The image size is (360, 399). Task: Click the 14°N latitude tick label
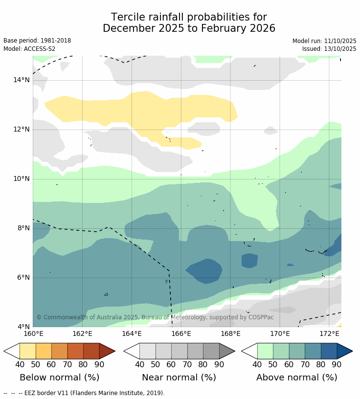pos(21,80)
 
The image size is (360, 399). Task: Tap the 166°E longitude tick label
pos(181,334)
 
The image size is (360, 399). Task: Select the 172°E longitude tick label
pos(329,334)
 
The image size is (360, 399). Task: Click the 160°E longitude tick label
pos(33,334)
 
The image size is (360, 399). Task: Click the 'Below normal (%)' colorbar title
pos(59,377)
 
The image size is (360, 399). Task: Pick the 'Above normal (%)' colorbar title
pos(296,377)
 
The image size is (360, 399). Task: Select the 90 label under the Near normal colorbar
pos(219,364)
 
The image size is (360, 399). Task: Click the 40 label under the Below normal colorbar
pos(20,364)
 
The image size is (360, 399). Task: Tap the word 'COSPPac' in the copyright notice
pos(261,317)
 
